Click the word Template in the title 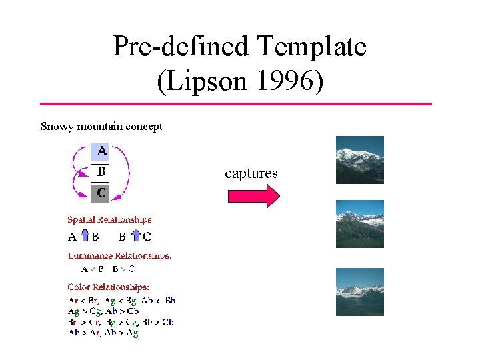(x=311, y=47)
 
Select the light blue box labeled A (x=100, y=151)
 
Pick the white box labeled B (x=100, y=172)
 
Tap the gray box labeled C (x=100, y=193)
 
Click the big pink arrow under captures (x=254, y=196)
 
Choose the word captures (x=251, y=173)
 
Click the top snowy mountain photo (x=359, y=159)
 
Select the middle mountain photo (x=359, y=224)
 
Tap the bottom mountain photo (x=359, y=291)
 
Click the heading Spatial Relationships (x=111, y=219)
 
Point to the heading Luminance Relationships (x=119, y=255)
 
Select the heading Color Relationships (x=108, y=287)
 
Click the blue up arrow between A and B (x=85, y=236)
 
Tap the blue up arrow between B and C (x=135, y=236)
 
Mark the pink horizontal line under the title (x=236, y=104)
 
